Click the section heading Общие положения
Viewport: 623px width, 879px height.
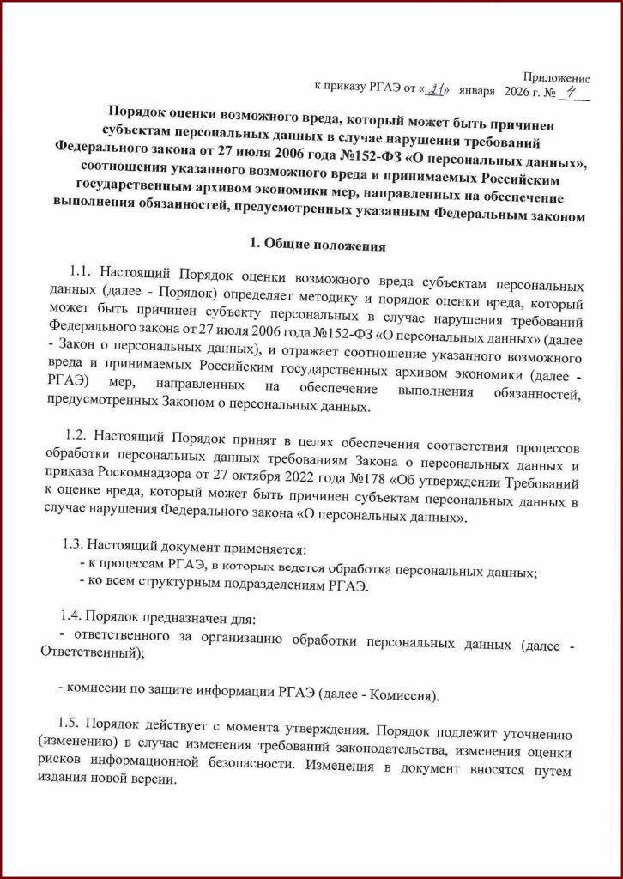[x=323, y=246]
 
